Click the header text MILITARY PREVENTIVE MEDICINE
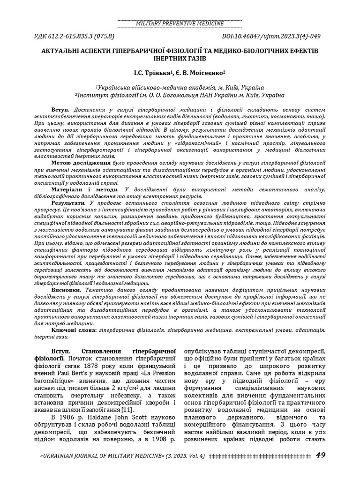(180, 23)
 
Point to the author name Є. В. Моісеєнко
(202, 73)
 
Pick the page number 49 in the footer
(321, 455)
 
